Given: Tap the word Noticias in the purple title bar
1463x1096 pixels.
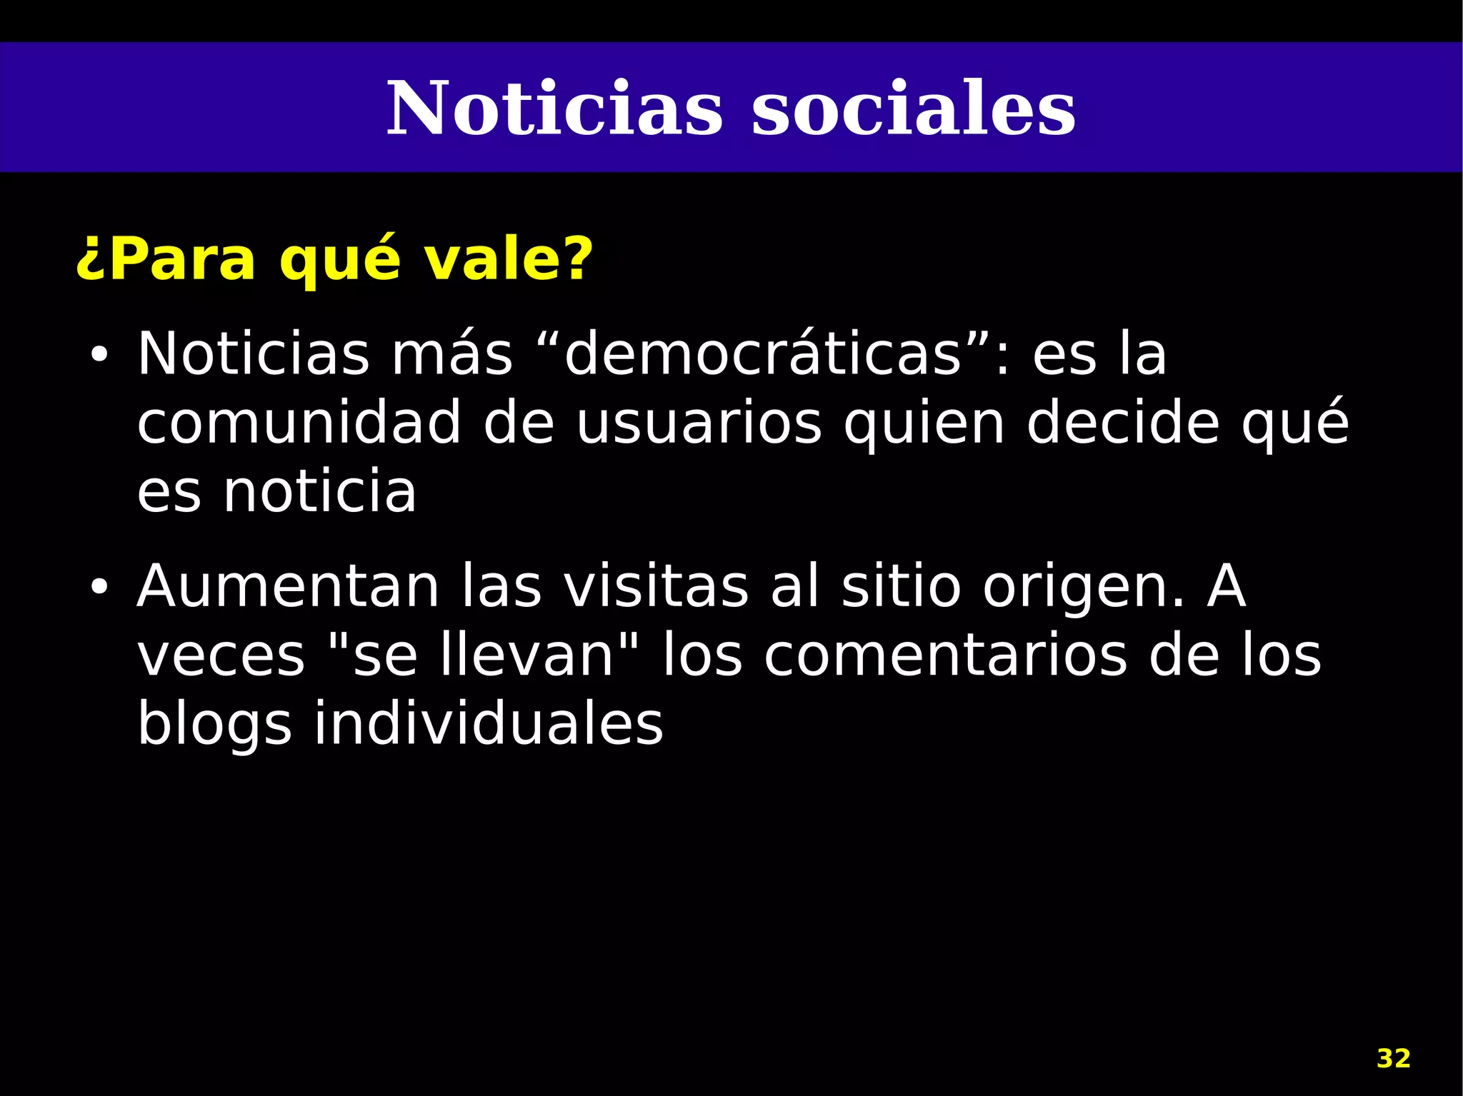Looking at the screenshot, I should tap(554, 109).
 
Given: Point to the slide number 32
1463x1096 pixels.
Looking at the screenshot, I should tap(1393, 1058).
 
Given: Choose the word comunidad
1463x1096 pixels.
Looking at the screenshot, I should tap(299, 423).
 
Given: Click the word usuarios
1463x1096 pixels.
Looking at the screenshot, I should tap(699, 423).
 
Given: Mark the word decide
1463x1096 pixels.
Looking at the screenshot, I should tap(1122, 423).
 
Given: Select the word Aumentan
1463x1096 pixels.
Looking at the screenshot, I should tap(288, 587).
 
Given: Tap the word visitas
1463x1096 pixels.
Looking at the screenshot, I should tap(656, 587).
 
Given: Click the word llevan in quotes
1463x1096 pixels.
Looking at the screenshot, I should tap(527, 655).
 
